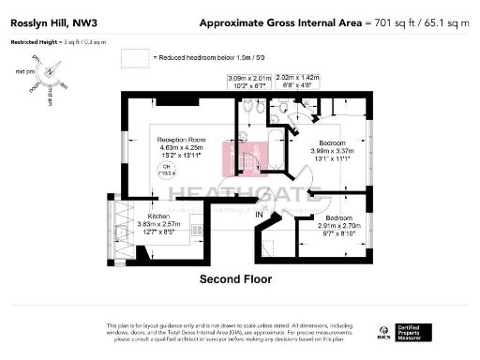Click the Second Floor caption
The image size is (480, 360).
pyautogui.click(x=235, y=279)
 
